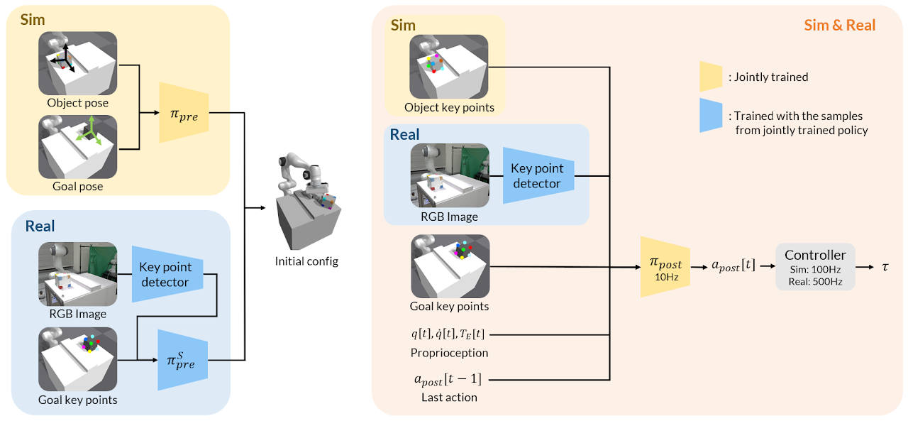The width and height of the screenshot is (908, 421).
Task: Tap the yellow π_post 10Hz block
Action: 665,266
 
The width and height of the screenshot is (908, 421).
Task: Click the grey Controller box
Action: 814,267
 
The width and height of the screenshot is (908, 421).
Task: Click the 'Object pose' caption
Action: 78,103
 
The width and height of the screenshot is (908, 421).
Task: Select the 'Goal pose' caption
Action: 78,187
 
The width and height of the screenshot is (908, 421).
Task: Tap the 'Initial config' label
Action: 306,261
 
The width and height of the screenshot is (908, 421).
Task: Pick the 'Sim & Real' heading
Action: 840,26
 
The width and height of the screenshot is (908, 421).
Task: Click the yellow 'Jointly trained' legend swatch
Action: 711,77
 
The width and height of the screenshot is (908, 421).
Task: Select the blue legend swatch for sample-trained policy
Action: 711,116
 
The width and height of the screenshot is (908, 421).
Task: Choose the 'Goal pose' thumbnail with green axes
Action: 77,147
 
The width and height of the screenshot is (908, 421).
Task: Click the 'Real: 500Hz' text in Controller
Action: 814,281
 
